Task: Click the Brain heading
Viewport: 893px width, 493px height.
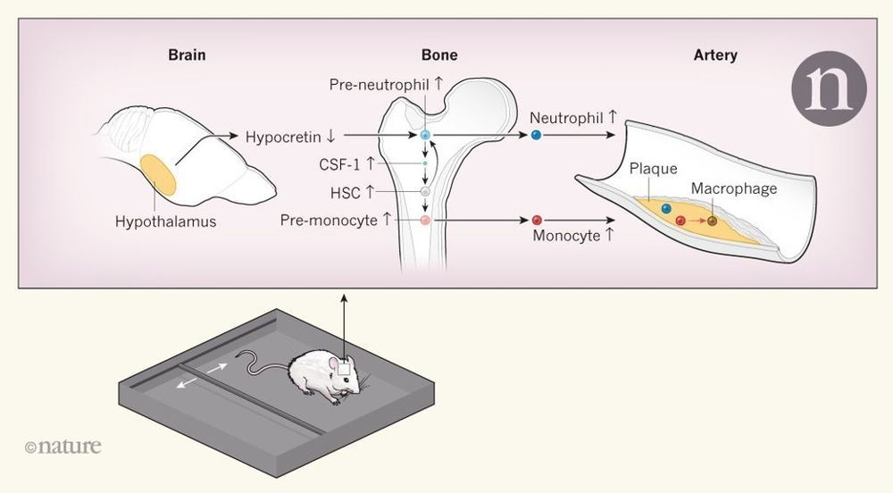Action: (187, 55)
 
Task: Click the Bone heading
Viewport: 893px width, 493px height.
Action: (439, 55)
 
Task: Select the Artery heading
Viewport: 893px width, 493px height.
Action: (715, 55)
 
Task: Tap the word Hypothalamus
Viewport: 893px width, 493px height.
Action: (166, 222)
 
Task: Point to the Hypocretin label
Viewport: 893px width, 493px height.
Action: (290, 137)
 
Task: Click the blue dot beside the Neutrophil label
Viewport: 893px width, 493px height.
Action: (536, 135)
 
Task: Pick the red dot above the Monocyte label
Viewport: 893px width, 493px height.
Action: (537, 220)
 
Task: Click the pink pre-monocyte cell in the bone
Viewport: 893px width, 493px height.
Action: (425, 220)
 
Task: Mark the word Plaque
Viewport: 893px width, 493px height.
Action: (653, 169)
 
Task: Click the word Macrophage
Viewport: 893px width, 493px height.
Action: (734, 189)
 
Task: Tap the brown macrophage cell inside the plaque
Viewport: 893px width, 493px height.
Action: (712, 220)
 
